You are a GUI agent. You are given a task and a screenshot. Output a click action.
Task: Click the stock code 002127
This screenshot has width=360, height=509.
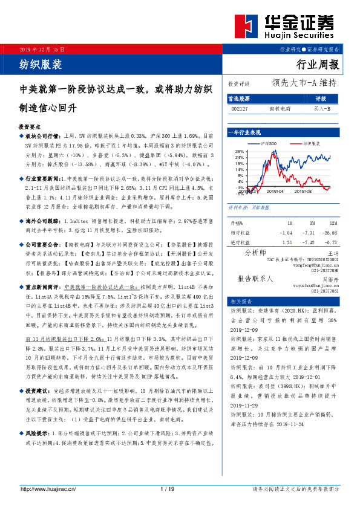(x=240, y=109)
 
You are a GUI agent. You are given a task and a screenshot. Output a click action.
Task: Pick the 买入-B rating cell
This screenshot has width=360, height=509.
(x=321, y=109)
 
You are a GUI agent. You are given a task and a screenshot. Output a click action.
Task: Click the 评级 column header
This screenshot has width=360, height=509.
(x=321, y=98)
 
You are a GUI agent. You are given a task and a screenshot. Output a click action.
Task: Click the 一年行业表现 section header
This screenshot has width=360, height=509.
(x=243, y=131)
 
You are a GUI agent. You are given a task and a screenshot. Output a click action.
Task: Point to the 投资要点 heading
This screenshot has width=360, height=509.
(x=30, y=128)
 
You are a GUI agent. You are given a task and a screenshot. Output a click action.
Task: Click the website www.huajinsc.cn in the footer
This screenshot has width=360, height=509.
(x=50, y=488)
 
